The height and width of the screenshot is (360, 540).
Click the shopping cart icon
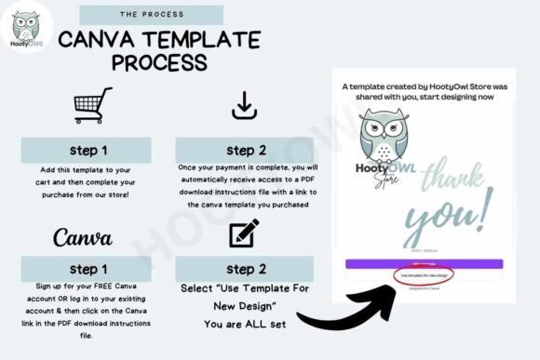[92, 105]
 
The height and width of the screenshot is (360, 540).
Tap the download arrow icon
[244, 105]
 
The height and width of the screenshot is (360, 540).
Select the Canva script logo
[83, 237]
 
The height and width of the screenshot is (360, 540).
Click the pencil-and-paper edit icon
[244, 234]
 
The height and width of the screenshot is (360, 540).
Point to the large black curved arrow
[335, 307]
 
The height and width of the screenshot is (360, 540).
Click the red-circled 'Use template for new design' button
[425, 276]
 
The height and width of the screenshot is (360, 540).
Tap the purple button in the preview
[424, 263]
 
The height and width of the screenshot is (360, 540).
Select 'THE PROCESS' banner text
[151, 16]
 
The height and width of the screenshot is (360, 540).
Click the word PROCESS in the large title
[159, 63]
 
